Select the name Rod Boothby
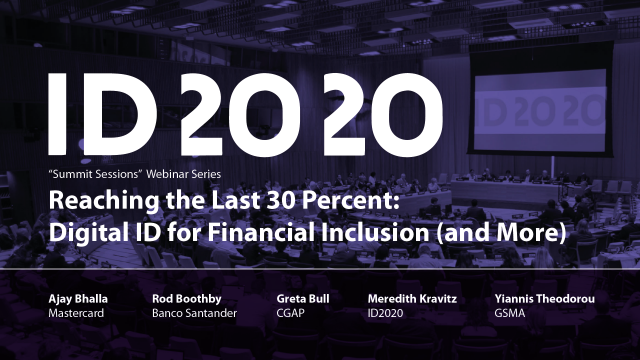[x=186, y=298]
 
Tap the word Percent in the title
[x=375, y=200]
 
